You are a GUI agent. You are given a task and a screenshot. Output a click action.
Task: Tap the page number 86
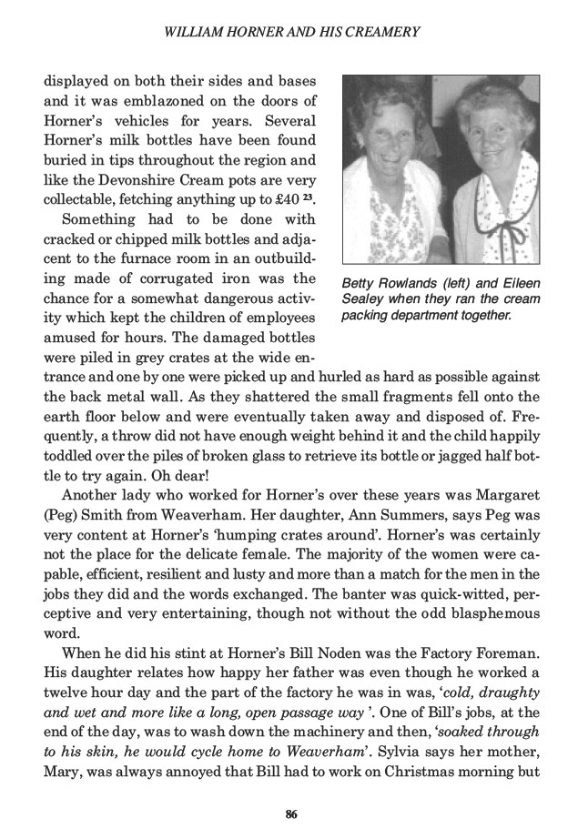pyautogui.click(x=293, y=813)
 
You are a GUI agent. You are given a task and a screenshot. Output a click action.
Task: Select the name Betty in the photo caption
pyautogui.click(x=360, y=283)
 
